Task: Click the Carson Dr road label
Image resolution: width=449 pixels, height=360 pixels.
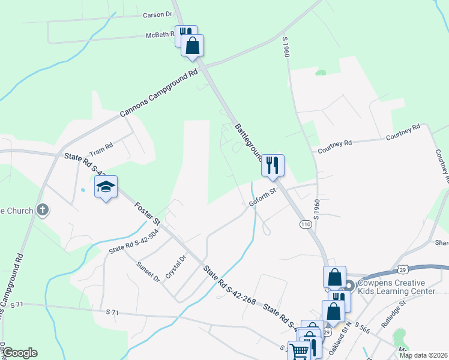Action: (158, 15)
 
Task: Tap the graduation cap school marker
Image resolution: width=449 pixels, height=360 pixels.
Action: (106, 187)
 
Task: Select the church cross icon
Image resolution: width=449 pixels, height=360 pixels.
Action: (42, 210)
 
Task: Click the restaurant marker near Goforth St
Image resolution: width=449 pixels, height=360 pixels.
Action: (273, 165)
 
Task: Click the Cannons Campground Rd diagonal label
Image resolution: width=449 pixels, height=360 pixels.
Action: (158, 94)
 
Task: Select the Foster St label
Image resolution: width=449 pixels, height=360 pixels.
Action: (147, 214)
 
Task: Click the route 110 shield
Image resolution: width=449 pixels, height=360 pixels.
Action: (306, 224)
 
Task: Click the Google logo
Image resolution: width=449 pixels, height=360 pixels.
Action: (20, 353)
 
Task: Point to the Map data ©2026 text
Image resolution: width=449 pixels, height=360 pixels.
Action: (423, 355)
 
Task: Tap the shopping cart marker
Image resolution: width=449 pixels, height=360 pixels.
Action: (298, 350)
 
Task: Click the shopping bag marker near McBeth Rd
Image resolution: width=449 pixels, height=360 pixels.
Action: (192, 46)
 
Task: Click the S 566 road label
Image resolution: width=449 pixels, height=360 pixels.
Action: (362, 328)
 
